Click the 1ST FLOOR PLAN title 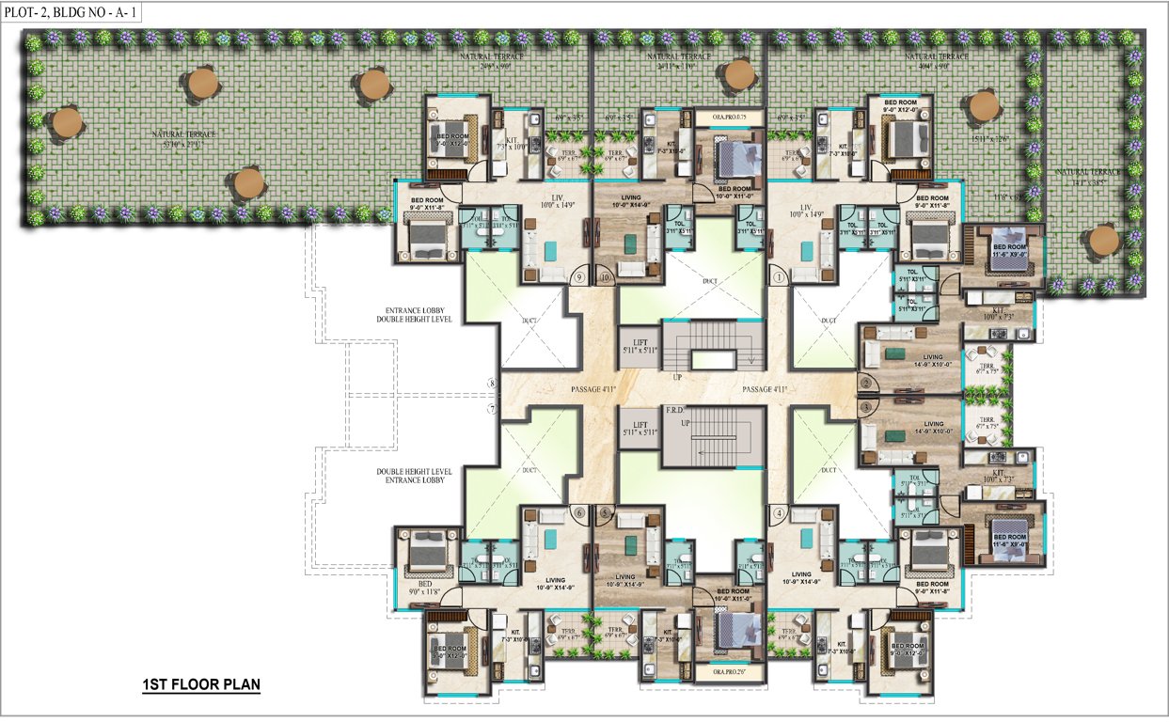pos(196,683)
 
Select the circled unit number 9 pos(579,277)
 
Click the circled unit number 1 pos(779,277)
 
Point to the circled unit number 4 pos(779,512)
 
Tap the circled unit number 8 pos(491,384)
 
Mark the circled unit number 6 pos(579,512)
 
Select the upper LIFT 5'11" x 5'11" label pos(640,345)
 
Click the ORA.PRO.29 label pos(722,673)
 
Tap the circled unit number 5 pos(604,512)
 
